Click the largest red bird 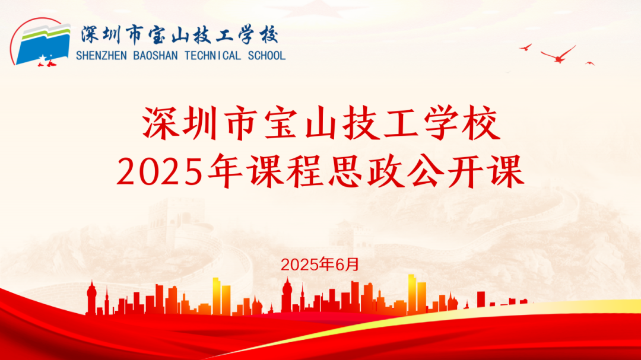tap(558, 55)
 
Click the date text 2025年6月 tap(320, 265)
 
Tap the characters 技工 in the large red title tap(380, 123)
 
